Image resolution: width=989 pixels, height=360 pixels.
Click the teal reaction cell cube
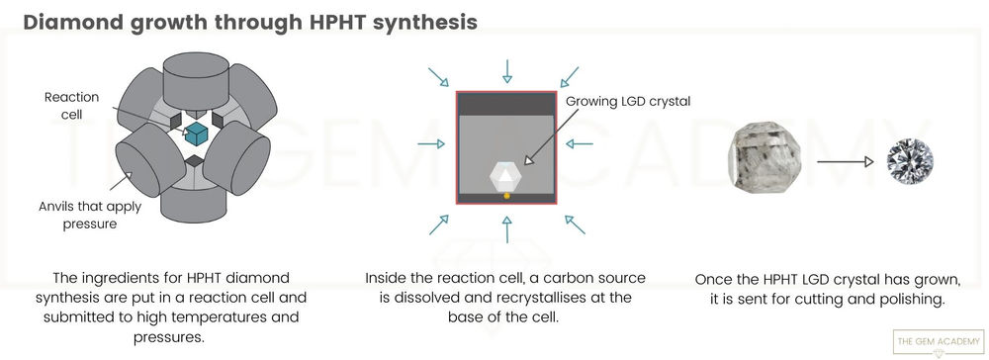point(193,134)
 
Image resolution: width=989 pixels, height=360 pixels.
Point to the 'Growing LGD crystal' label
point(628,100)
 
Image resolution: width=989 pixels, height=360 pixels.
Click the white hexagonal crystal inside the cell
point(506,176)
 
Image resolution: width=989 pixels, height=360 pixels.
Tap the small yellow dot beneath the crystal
point(506,197)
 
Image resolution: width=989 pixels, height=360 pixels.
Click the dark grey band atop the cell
point(506,104)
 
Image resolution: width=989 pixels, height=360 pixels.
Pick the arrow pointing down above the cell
point(506,70)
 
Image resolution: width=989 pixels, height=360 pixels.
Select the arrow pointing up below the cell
point(506,230)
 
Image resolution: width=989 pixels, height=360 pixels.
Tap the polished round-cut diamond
point(908,159)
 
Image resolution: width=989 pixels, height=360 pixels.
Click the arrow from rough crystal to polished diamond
point(844,159)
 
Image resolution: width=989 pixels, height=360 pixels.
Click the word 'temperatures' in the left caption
point(225,317)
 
